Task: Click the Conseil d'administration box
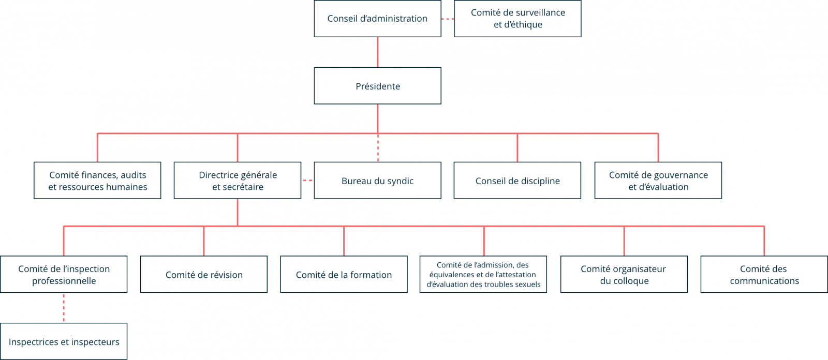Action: (x=377, y=19)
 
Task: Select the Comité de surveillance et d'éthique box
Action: (x=517, y=19)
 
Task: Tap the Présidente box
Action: (x=377, y=86)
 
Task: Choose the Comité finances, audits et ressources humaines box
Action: (x=97, y=181)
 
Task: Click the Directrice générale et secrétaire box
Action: (x=238, y=181)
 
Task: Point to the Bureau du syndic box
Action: (x=377, y=181)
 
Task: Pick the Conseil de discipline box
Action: (x=517, y=181)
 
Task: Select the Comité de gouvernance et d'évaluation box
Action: (x=658, y=181)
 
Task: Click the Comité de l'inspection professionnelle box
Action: (x=64, y=274)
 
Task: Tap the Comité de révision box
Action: (x=204, y=274)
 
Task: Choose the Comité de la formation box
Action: (x=344, y=274)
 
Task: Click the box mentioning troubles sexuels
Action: (x=483, y=274)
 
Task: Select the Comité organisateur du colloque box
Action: (x=624, y=274)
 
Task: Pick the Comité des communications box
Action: (x=764, y=274)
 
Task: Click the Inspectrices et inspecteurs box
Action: (x=64, y=341)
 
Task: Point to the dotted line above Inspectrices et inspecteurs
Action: (x=64, y=308)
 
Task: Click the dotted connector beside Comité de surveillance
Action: (x=448, y=19)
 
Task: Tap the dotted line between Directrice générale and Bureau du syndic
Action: (x=307, y=181)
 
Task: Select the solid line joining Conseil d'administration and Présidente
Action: (x=377, y=52)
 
